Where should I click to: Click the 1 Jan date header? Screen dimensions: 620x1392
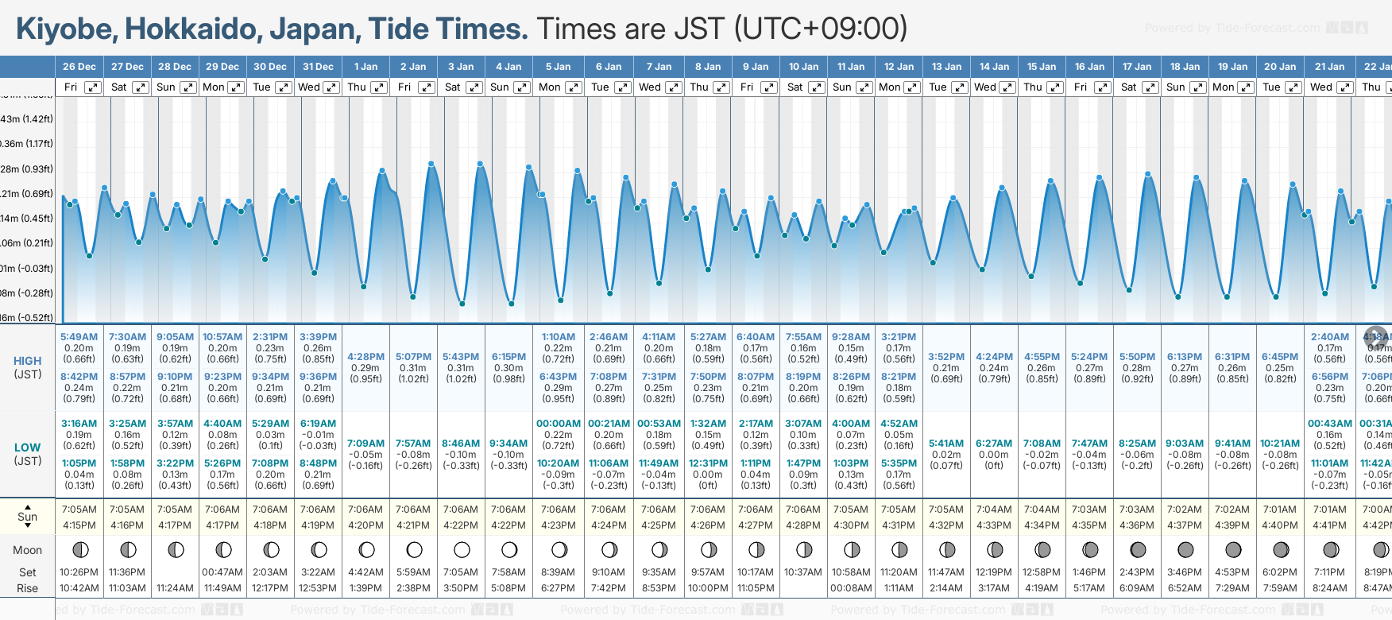point(366,67)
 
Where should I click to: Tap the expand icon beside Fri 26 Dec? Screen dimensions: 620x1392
point(93,87)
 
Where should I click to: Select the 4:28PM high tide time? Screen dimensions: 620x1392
point(365,357)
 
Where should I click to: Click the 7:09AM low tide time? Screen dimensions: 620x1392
point(365,444)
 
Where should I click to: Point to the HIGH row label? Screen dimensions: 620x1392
point(28,361)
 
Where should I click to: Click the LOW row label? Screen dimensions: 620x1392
point(27,448)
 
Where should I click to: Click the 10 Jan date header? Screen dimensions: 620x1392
point(804,67)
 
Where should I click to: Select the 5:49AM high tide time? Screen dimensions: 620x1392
point(79,337)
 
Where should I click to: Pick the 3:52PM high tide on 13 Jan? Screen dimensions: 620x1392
point(946,357)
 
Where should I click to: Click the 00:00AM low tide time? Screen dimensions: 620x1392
point(558,424)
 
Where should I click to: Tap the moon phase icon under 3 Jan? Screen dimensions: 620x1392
point(462,549)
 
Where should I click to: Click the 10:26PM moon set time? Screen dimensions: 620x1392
point(79,572)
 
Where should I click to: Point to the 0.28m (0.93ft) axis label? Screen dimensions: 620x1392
point(27,169)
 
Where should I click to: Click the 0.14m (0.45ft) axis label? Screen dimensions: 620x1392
point(27,219)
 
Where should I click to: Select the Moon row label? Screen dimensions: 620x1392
point(27,550)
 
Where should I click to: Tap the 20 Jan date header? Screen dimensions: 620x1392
point(1280,67)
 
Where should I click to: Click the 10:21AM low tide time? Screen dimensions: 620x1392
point(1280,444)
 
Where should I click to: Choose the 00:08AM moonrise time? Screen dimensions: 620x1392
point(851,588)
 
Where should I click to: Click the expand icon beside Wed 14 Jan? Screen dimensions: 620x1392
point(1007,87)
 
